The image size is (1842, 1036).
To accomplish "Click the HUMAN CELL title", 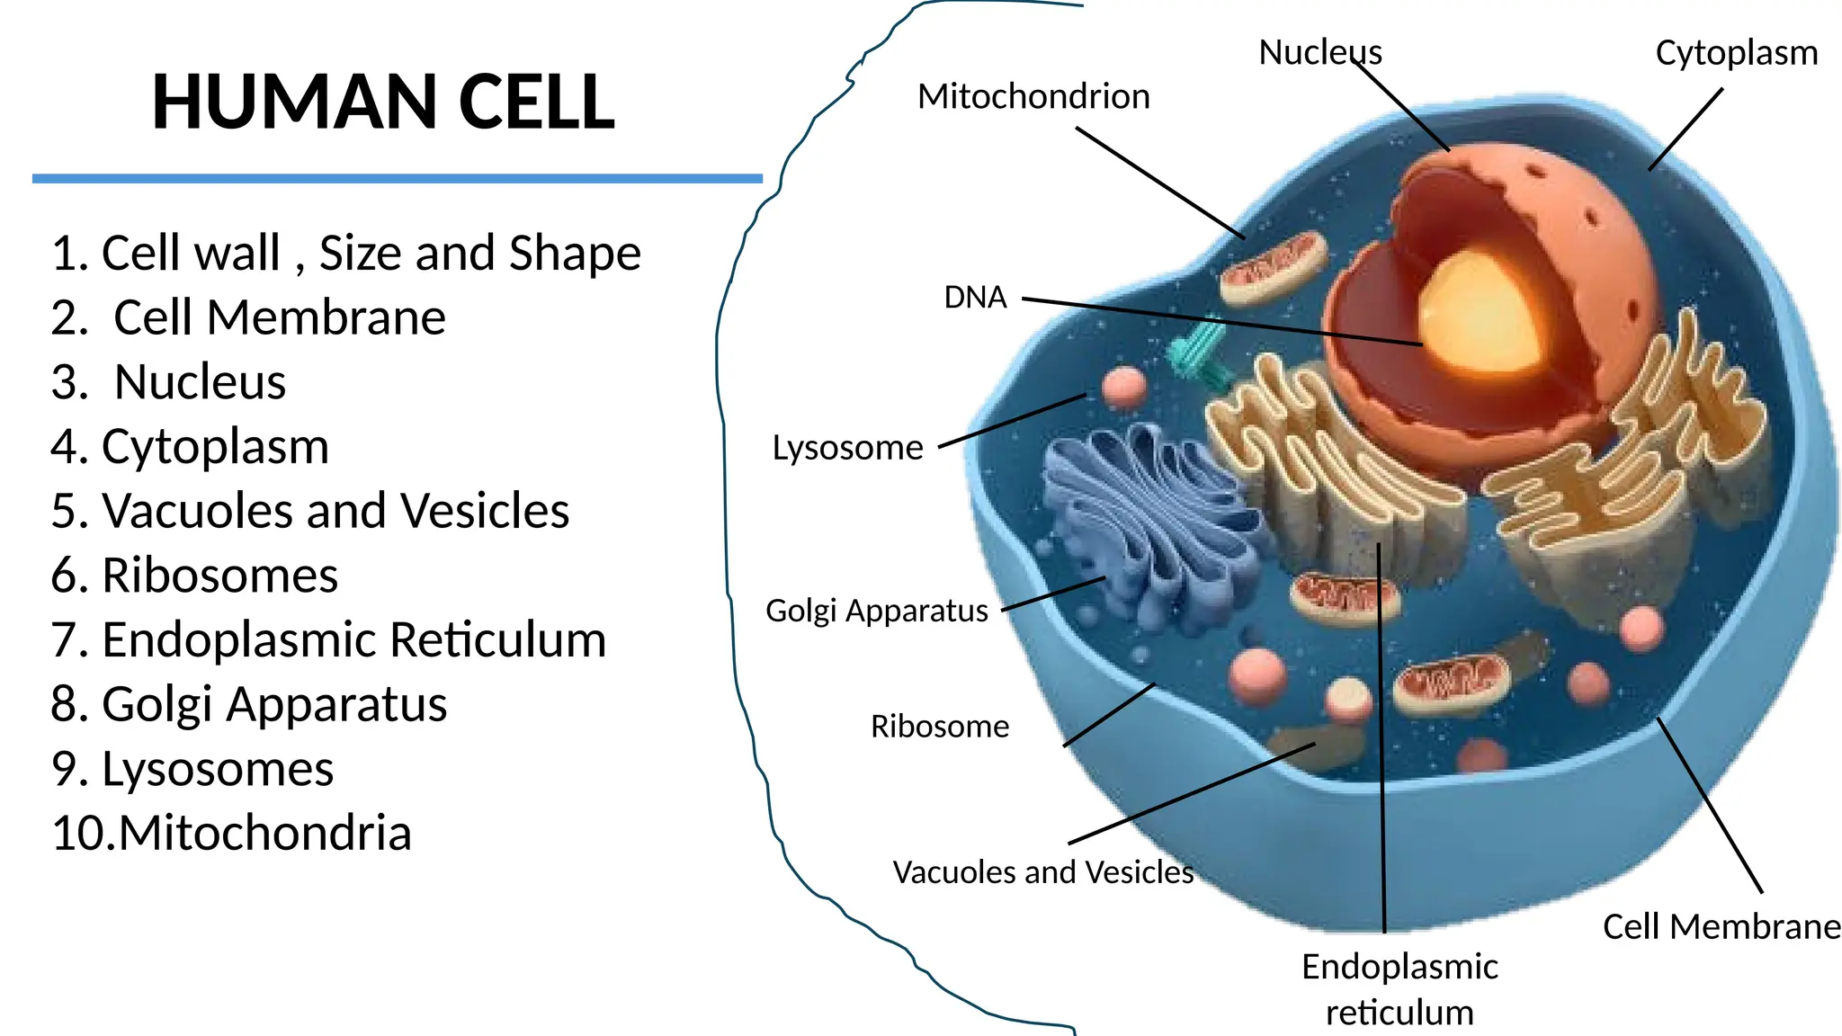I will pyautogui.click(x=383, y=102).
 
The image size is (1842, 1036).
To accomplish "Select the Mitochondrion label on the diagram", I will pyautogui.click(x=1033, y=96).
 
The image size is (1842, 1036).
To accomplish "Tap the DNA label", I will pyautogui.click(x=975, y=298).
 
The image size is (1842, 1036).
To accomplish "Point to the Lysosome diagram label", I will pyautogui.click(x=847, y=448).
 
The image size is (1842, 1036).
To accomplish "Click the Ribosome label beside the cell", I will pyautogui.click(x=939, y=726).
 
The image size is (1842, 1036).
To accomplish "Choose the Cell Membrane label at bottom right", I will pyautogui.click(x=1721, y=926).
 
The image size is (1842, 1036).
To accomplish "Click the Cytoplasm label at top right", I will pyautogui.click(x=1736, y=53).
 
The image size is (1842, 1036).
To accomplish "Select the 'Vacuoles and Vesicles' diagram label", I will pyautogui.click(x=1042, y=871).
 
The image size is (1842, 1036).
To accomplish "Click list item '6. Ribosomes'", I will pyautogui.click(x=194, y=576).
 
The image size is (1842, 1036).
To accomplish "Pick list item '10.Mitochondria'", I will pyautogui.click(x=231, y=833).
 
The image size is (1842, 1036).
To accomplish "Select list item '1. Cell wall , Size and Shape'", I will pyautogui.click(x=345, y=253).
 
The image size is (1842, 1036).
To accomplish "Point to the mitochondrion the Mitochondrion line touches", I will pyautogui.click(x=1273, y=266).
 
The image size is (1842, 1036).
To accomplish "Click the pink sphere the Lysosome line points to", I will pyautogui.click(x=1123, y=387).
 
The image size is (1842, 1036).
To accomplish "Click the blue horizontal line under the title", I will pyautogui.click(x=397, y=179).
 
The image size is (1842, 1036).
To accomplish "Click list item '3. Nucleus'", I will pyautogui.click(x=168, y=382).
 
